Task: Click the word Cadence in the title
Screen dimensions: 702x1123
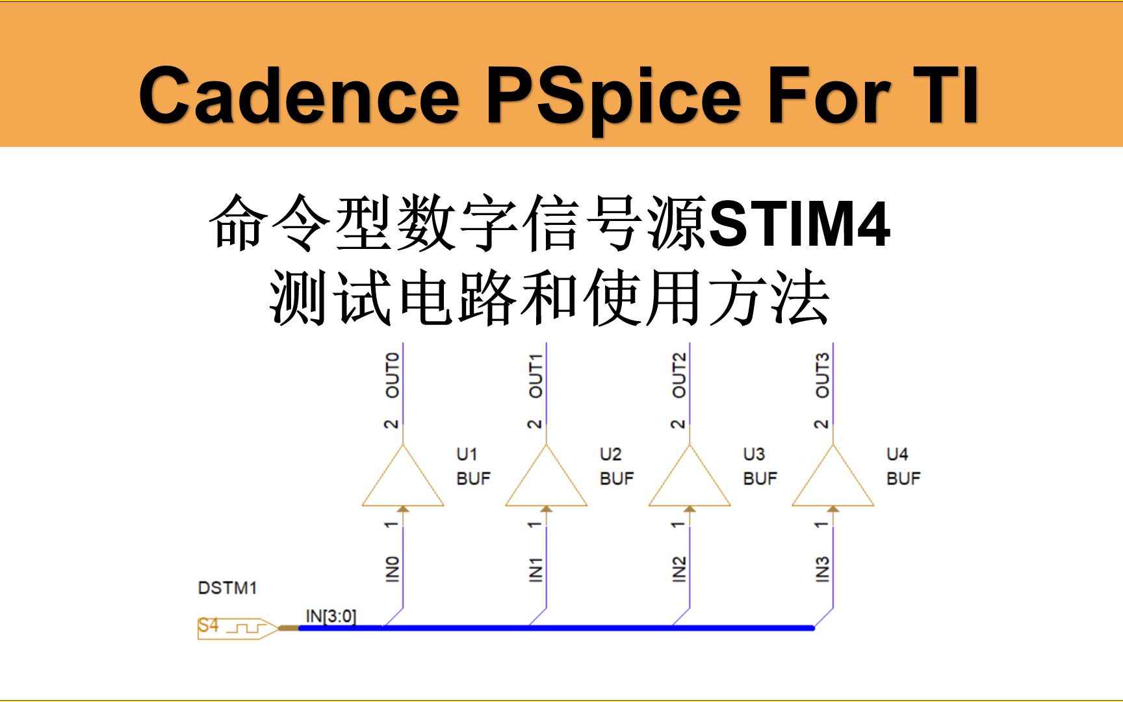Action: click(299, 96)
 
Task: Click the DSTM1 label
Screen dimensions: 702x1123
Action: click(227, 588)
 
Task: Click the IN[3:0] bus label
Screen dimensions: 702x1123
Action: click(331, 616)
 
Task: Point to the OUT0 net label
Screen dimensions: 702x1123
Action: click(393, 375)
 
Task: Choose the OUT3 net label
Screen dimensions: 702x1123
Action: click(822, 375)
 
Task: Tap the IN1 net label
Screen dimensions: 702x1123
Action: click(536, 569)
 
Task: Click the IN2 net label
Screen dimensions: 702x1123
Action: click(678, 569)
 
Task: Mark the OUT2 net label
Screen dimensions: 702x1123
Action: click(678, 375)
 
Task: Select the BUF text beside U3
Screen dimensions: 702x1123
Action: click(760, 479)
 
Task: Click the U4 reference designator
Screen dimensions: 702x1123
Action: click(897, 454)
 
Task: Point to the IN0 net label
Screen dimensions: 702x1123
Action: click(392, 569)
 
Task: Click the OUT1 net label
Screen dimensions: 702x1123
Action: click(536, 375)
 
